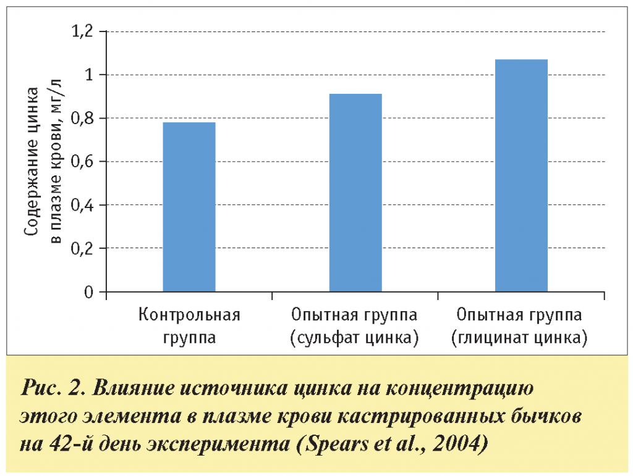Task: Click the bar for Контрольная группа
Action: click(189, 207)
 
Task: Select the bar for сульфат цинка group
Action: click(355, 193)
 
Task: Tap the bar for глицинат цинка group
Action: click(521, 175)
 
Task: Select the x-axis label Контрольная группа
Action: click(189, 327)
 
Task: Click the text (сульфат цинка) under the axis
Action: click(355, 339)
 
